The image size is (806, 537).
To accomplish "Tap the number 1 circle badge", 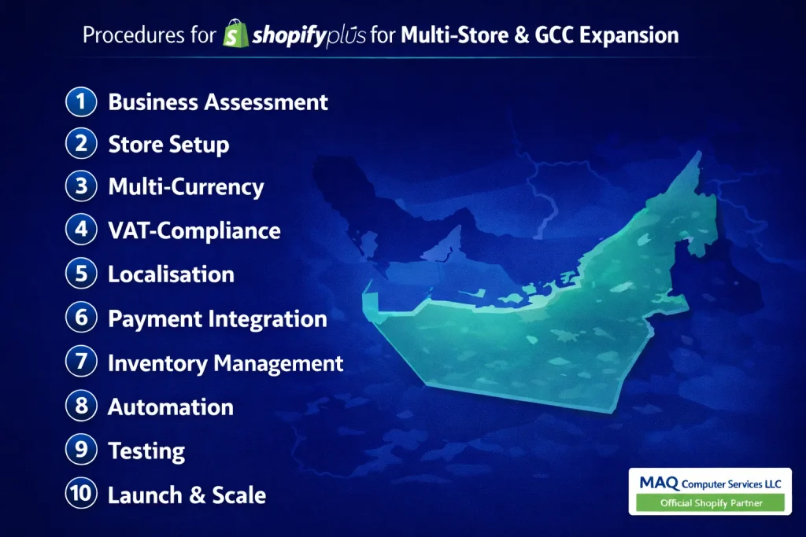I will tap(80, 101).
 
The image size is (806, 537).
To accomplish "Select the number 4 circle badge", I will tap(80, 230).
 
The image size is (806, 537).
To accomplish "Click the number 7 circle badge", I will tap(80, 362).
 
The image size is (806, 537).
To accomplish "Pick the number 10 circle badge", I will tap(80, 495).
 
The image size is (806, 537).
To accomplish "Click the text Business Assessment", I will tap(218, 101).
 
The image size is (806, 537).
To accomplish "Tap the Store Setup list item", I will tap(168, 145).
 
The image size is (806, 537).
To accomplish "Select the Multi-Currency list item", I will tap(186, 187).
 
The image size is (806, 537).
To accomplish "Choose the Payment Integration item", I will tap(217, 318).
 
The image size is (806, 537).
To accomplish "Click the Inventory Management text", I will tap(225, 363).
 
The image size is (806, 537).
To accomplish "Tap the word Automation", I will tap(170, 406).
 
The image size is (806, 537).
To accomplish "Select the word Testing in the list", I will tap(146, 451).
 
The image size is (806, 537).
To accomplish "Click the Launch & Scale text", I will tap(187, 495).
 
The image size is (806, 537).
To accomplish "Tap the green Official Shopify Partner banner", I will tap(711, 502).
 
